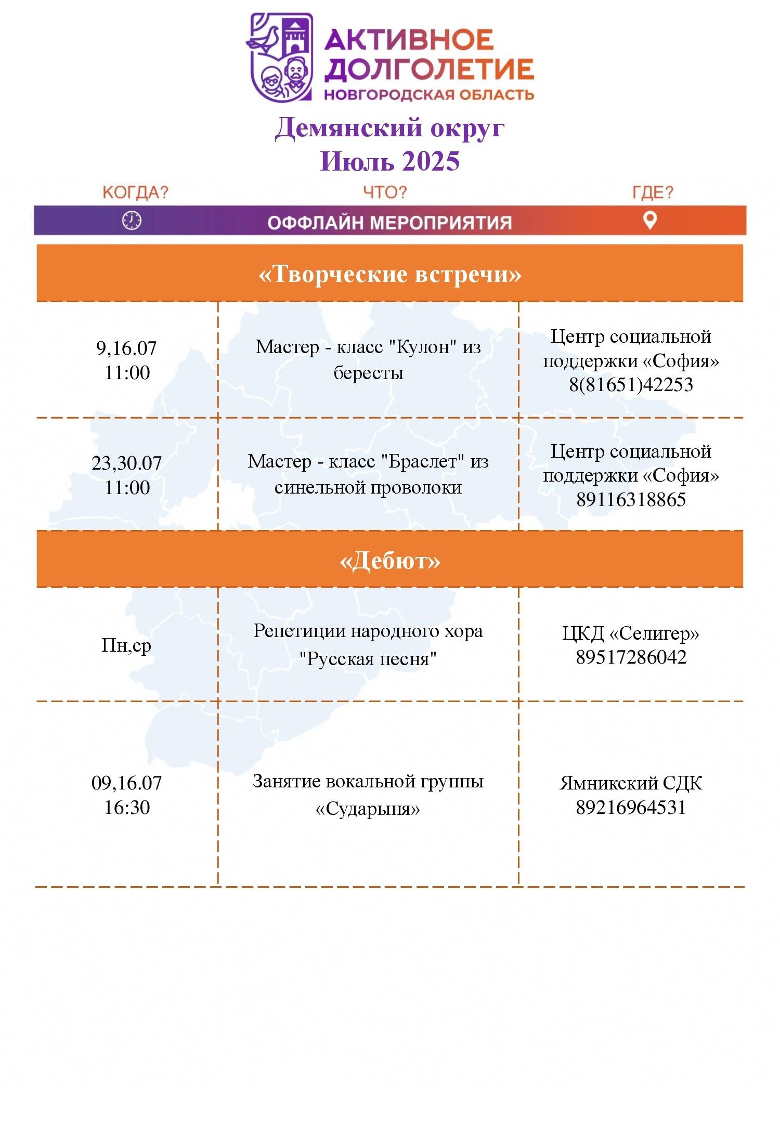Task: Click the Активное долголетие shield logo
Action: (x=280, y=57)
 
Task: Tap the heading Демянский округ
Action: (x=389, y=128)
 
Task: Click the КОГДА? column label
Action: (x=135, y=192)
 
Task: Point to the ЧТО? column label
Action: (x=385, y=192)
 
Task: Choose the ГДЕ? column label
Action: (x=653, y=192)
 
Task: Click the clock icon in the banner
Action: (x=132, y=221)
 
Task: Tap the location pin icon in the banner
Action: (x=650, y=220)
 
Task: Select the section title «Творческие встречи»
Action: (x=390, y=274)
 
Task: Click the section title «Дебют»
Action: (x=390, y=561)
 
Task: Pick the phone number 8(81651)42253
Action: (x=631, y=385)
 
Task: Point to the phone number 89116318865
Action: (x=631, y=500)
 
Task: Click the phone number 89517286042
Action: (x=631, y=657)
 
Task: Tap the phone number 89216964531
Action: (x=631, y=807)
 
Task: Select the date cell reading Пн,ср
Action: (x=126, y=645)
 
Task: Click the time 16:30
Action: (x=127, y=807)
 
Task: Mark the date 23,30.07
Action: (x=127, y=463)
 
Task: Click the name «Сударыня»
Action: (x=368, y=809)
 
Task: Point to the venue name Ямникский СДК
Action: (x=631, y=783)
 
